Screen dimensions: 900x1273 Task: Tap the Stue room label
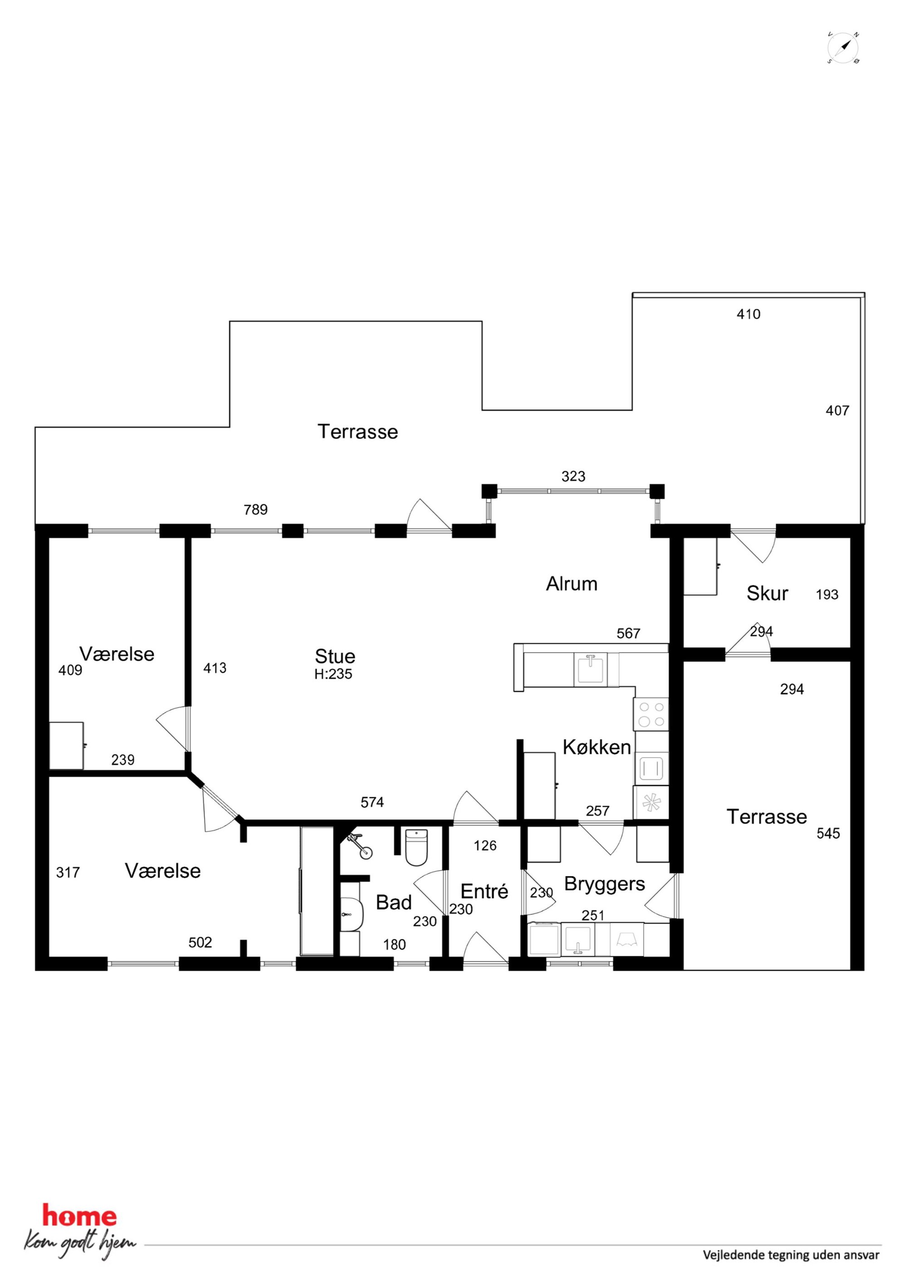335,656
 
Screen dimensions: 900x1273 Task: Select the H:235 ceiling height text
333,674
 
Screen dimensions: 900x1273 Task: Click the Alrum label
572,584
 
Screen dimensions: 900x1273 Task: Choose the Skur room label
767,593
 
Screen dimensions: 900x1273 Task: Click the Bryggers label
604,884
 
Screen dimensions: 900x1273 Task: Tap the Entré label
484,891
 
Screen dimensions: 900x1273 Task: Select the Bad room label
394,903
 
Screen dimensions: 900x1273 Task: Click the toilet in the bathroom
416,847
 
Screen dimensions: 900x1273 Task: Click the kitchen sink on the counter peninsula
591,669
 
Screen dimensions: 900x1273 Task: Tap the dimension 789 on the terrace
256,509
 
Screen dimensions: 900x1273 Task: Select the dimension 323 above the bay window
573,476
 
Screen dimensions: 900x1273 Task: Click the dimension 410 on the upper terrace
748,314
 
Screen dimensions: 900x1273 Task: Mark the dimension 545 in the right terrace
828,833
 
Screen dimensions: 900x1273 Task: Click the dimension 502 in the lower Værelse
200,943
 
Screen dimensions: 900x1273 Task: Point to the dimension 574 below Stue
372,802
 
